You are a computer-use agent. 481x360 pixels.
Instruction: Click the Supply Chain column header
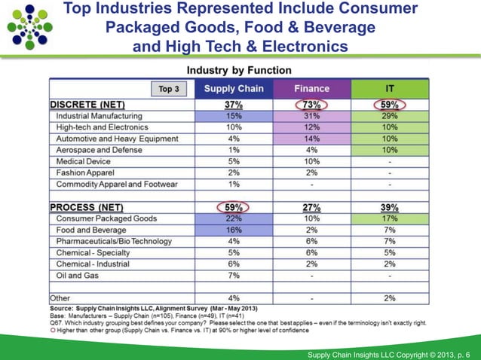(234, 88)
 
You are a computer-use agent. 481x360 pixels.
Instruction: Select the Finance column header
(311, 88)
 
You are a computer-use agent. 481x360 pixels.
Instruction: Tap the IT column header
(390, 88)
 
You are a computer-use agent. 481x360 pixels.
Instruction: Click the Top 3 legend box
(169, 89)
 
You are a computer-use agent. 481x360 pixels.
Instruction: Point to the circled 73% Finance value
(311, 105)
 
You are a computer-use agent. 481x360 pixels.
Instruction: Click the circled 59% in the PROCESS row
(234, 207)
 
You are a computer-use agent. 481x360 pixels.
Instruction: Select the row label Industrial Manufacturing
(99, 116)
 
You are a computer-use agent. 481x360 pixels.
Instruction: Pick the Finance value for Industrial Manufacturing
(311, 116)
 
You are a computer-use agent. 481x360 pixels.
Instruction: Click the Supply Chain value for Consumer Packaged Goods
(234, 218)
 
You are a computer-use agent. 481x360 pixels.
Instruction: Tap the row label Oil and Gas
(78, 275)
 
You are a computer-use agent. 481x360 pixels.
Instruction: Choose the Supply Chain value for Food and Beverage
(234, 230)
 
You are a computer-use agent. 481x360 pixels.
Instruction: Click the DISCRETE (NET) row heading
(87, 105)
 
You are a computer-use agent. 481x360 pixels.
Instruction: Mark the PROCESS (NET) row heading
(86, 207)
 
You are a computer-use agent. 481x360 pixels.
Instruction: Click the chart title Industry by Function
(239, 70)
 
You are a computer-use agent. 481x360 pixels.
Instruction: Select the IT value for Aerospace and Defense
(390, 150)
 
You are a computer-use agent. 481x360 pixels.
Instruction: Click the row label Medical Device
(84, 161)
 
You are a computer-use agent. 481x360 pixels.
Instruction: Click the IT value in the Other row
(390, 297)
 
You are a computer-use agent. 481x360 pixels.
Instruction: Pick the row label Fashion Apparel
(86, 172)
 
